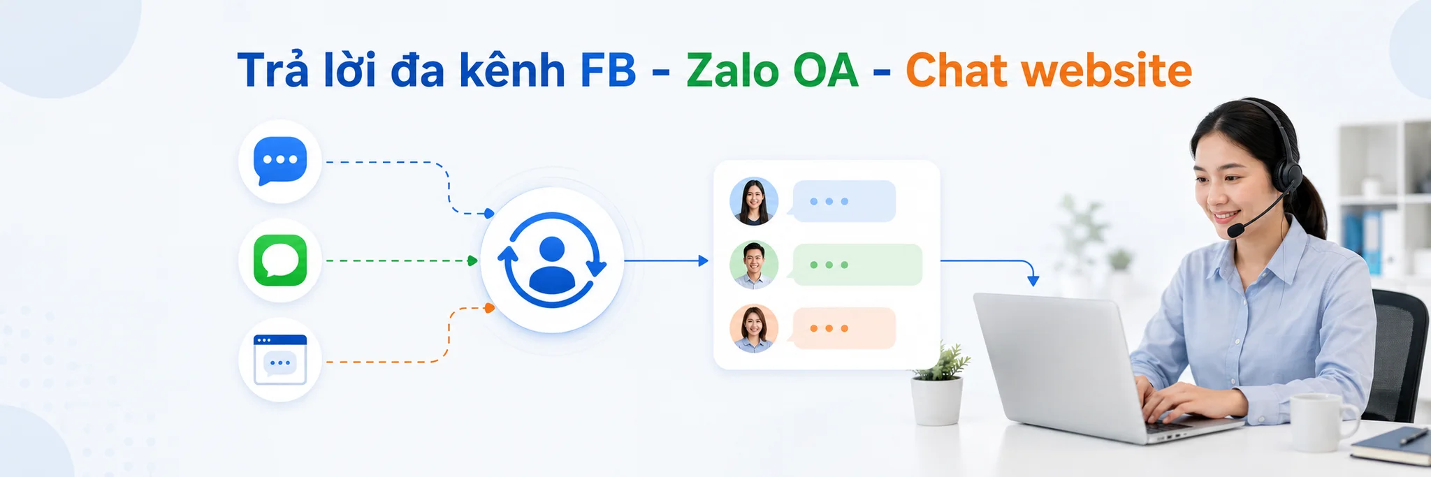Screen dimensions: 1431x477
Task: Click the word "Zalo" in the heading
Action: click(732, 71)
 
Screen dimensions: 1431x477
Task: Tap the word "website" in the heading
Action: click(1107, 71)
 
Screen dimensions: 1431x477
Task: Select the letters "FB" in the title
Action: click(608, 71)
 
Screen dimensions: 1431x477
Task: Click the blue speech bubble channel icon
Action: click(280, 161)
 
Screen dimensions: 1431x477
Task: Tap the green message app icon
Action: click(280, 260)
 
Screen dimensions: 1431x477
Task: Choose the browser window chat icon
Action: click(280, 360)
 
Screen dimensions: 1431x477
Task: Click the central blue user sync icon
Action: click(552, 260)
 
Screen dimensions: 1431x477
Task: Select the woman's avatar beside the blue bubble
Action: click(754, 201)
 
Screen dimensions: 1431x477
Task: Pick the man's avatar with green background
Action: click(754, 265)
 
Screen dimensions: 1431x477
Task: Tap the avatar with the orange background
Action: click(754, 328)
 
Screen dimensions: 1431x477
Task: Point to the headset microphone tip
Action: click(1235, 230)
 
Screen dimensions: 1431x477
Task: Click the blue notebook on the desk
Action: click(1391, 446)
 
